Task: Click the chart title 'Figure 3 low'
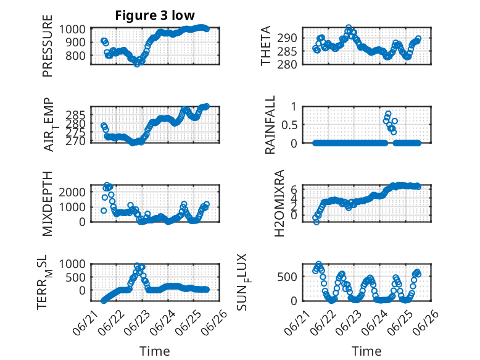[155, 15]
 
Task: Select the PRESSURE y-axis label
[48, 46]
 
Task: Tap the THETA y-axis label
[266, 46]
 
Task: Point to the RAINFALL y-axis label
[270, 125]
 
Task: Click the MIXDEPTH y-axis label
[48, 203]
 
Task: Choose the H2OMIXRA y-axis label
[279, 203]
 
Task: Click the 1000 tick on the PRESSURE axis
[72, 30]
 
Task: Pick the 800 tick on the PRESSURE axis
[76, 56]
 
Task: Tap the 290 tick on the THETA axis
[287, 38]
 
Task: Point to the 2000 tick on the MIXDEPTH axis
[72, 193]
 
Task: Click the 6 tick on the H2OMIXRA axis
[294, 190]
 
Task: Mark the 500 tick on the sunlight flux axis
[287, 277]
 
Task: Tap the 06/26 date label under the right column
[426, 322]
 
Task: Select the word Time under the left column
[155, 351]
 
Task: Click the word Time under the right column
[366, 351]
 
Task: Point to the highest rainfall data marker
[388, 114]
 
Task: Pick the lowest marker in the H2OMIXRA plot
[317, 222]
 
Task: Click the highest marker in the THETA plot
[349, 28]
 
